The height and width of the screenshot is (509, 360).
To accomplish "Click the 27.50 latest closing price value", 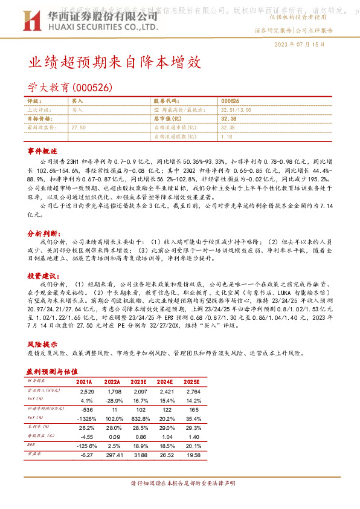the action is point(79,128).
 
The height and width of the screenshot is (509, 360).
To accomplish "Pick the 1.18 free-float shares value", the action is point(227,137).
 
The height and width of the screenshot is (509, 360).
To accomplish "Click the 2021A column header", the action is point(84,382).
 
